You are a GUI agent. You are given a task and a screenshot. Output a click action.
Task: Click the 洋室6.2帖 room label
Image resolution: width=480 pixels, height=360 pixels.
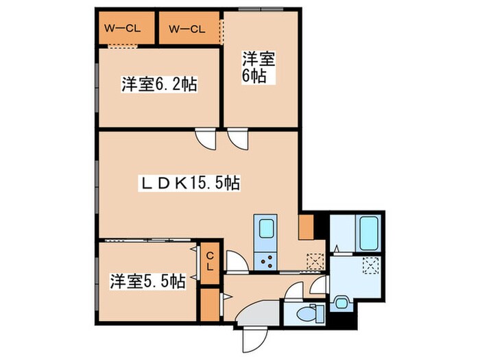point(160,85)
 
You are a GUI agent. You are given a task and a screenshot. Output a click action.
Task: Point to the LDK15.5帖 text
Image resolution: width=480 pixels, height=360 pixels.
point(189,183)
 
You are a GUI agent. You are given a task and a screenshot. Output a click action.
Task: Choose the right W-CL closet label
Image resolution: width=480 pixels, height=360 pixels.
point(187,29)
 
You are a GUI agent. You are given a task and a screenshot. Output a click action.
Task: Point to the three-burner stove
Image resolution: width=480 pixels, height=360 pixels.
point(264,260)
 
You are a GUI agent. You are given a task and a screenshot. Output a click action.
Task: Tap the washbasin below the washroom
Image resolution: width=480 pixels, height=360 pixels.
point(341,299)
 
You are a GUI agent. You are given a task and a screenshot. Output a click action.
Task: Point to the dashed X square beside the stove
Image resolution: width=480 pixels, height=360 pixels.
point(315,260)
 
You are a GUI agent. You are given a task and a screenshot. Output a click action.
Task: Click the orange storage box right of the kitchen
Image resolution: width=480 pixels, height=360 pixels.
point(306,226)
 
